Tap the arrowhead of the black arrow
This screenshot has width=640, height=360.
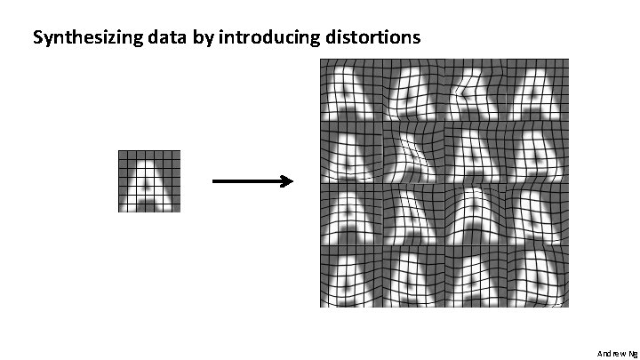pos(287,182)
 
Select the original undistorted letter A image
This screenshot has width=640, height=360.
pos(149,181)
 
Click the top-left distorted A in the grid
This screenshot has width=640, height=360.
pos(350,91)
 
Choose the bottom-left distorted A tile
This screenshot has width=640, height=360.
pos(350,276)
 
